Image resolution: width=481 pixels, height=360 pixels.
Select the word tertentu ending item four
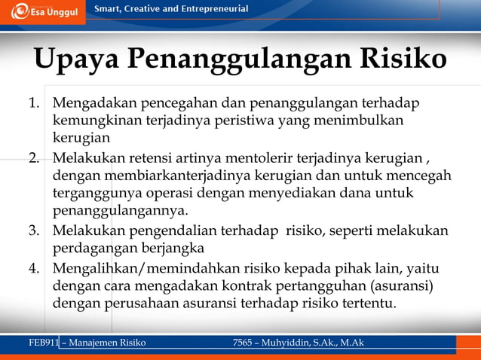371,304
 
